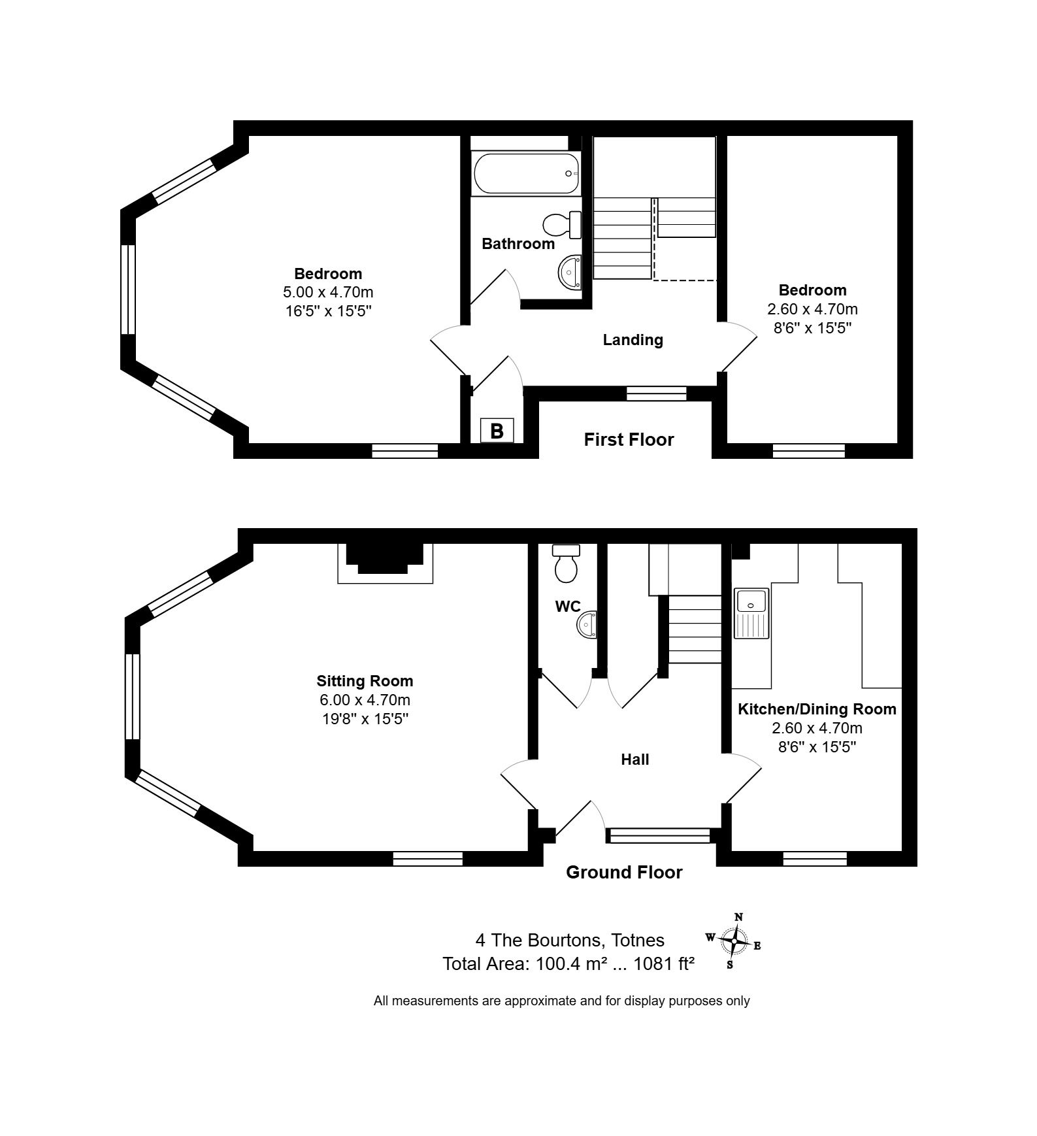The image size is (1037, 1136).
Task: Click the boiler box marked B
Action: (x=497, y=431)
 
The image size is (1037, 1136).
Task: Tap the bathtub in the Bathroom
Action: (x=526, y=173)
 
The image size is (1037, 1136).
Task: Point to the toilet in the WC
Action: (x=567, y=563)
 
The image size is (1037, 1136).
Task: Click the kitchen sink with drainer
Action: (x=751, y=613)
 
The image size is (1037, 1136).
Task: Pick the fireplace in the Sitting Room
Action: (x=385, y=563)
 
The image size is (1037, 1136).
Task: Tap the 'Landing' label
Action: (x=633, y=340)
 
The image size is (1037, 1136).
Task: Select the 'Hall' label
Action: (x=634, y=760)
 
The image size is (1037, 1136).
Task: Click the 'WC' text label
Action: (x=568, y=607)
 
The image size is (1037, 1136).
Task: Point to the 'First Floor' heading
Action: (x=629, y=440)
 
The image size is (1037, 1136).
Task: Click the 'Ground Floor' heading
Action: (x=624, y=873)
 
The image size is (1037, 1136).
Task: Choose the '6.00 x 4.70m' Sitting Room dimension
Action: (x=365, y=700)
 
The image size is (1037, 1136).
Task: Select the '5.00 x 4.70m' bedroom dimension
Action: (x=328, y=292)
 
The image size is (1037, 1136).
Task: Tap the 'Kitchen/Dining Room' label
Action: (x=817, y=709)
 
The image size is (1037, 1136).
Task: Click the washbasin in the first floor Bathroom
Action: (x=571, y=271)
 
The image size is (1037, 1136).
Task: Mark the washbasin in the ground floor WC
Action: (x=587, y=624)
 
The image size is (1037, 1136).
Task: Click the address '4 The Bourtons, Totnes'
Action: (x=570, y=941)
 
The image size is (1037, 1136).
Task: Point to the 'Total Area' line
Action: (x=568, y=964)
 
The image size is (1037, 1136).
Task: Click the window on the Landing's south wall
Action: (x=657, y=393)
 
